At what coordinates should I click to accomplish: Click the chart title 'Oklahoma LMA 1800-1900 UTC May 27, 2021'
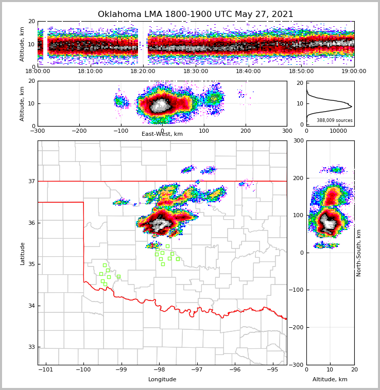coord(196,14)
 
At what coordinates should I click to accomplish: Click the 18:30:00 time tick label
coord(196,72)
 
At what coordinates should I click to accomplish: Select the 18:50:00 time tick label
coord(301,72)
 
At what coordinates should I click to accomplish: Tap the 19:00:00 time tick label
coord(354,72)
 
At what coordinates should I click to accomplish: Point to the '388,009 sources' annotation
coord(334,120)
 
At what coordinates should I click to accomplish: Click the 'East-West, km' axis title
coord(162,134)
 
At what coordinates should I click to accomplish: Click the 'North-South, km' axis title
coord(359,253)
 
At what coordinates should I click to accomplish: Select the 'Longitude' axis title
coord(162,380)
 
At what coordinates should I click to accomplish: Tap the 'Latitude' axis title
coord(22,253)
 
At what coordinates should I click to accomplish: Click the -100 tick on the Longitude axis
coord(83,370)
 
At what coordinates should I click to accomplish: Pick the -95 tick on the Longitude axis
coord(272,370)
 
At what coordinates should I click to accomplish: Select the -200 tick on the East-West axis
coord(79,131)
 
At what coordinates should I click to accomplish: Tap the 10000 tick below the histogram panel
coord(338,131)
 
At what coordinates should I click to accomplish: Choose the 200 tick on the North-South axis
coord(298,178)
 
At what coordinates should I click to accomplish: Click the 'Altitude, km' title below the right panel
coord(330,380)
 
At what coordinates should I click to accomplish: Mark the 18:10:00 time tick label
coord(90,72)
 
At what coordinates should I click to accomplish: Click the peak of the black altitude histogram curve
coord(352,107)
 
